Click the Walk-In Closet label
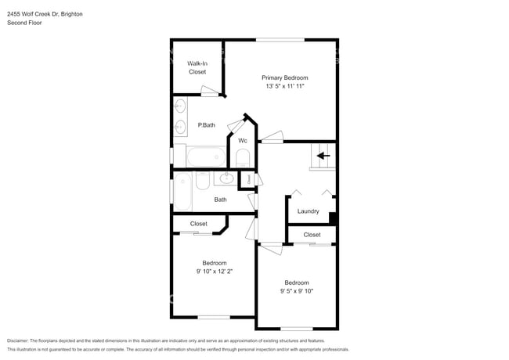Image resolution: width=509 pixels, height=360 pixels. click(197, 67)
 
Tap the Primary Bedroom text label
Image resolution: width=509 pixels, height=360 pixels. click(284, 77)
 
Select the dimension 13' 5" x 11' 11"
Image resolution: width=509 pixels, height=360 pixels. click(284, 86)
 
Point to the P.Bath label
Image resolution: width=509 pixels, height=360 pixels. click(206, 125)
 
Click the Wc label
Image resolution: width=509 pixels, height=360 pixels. click(243, 141)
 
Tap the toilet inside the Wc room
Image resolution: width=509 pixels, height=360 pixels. click(242, 160)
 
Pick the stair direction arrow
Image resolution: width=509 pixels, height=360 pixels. click(323, 156)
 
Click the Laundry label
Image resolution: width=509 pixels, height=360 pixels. click(308, 211)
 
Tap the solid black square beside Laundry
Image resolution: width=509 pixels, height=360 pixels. click(333, 218)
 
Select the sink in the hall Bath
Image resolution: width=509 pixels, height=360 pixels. click(226, 179)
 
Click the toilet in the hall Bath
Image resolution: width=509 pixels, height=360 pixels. click(202, 181)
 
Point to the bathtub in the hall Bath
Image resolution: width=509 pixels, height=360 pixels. click(182, 192)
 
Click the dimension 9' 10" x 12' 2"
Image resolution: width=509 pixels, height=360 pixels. click(214, 271)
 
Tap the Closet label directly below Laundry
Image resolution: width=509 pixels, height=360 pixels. click(312, 235)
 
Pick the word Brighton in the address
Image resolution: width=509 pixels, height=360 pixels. click(70, 14)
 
